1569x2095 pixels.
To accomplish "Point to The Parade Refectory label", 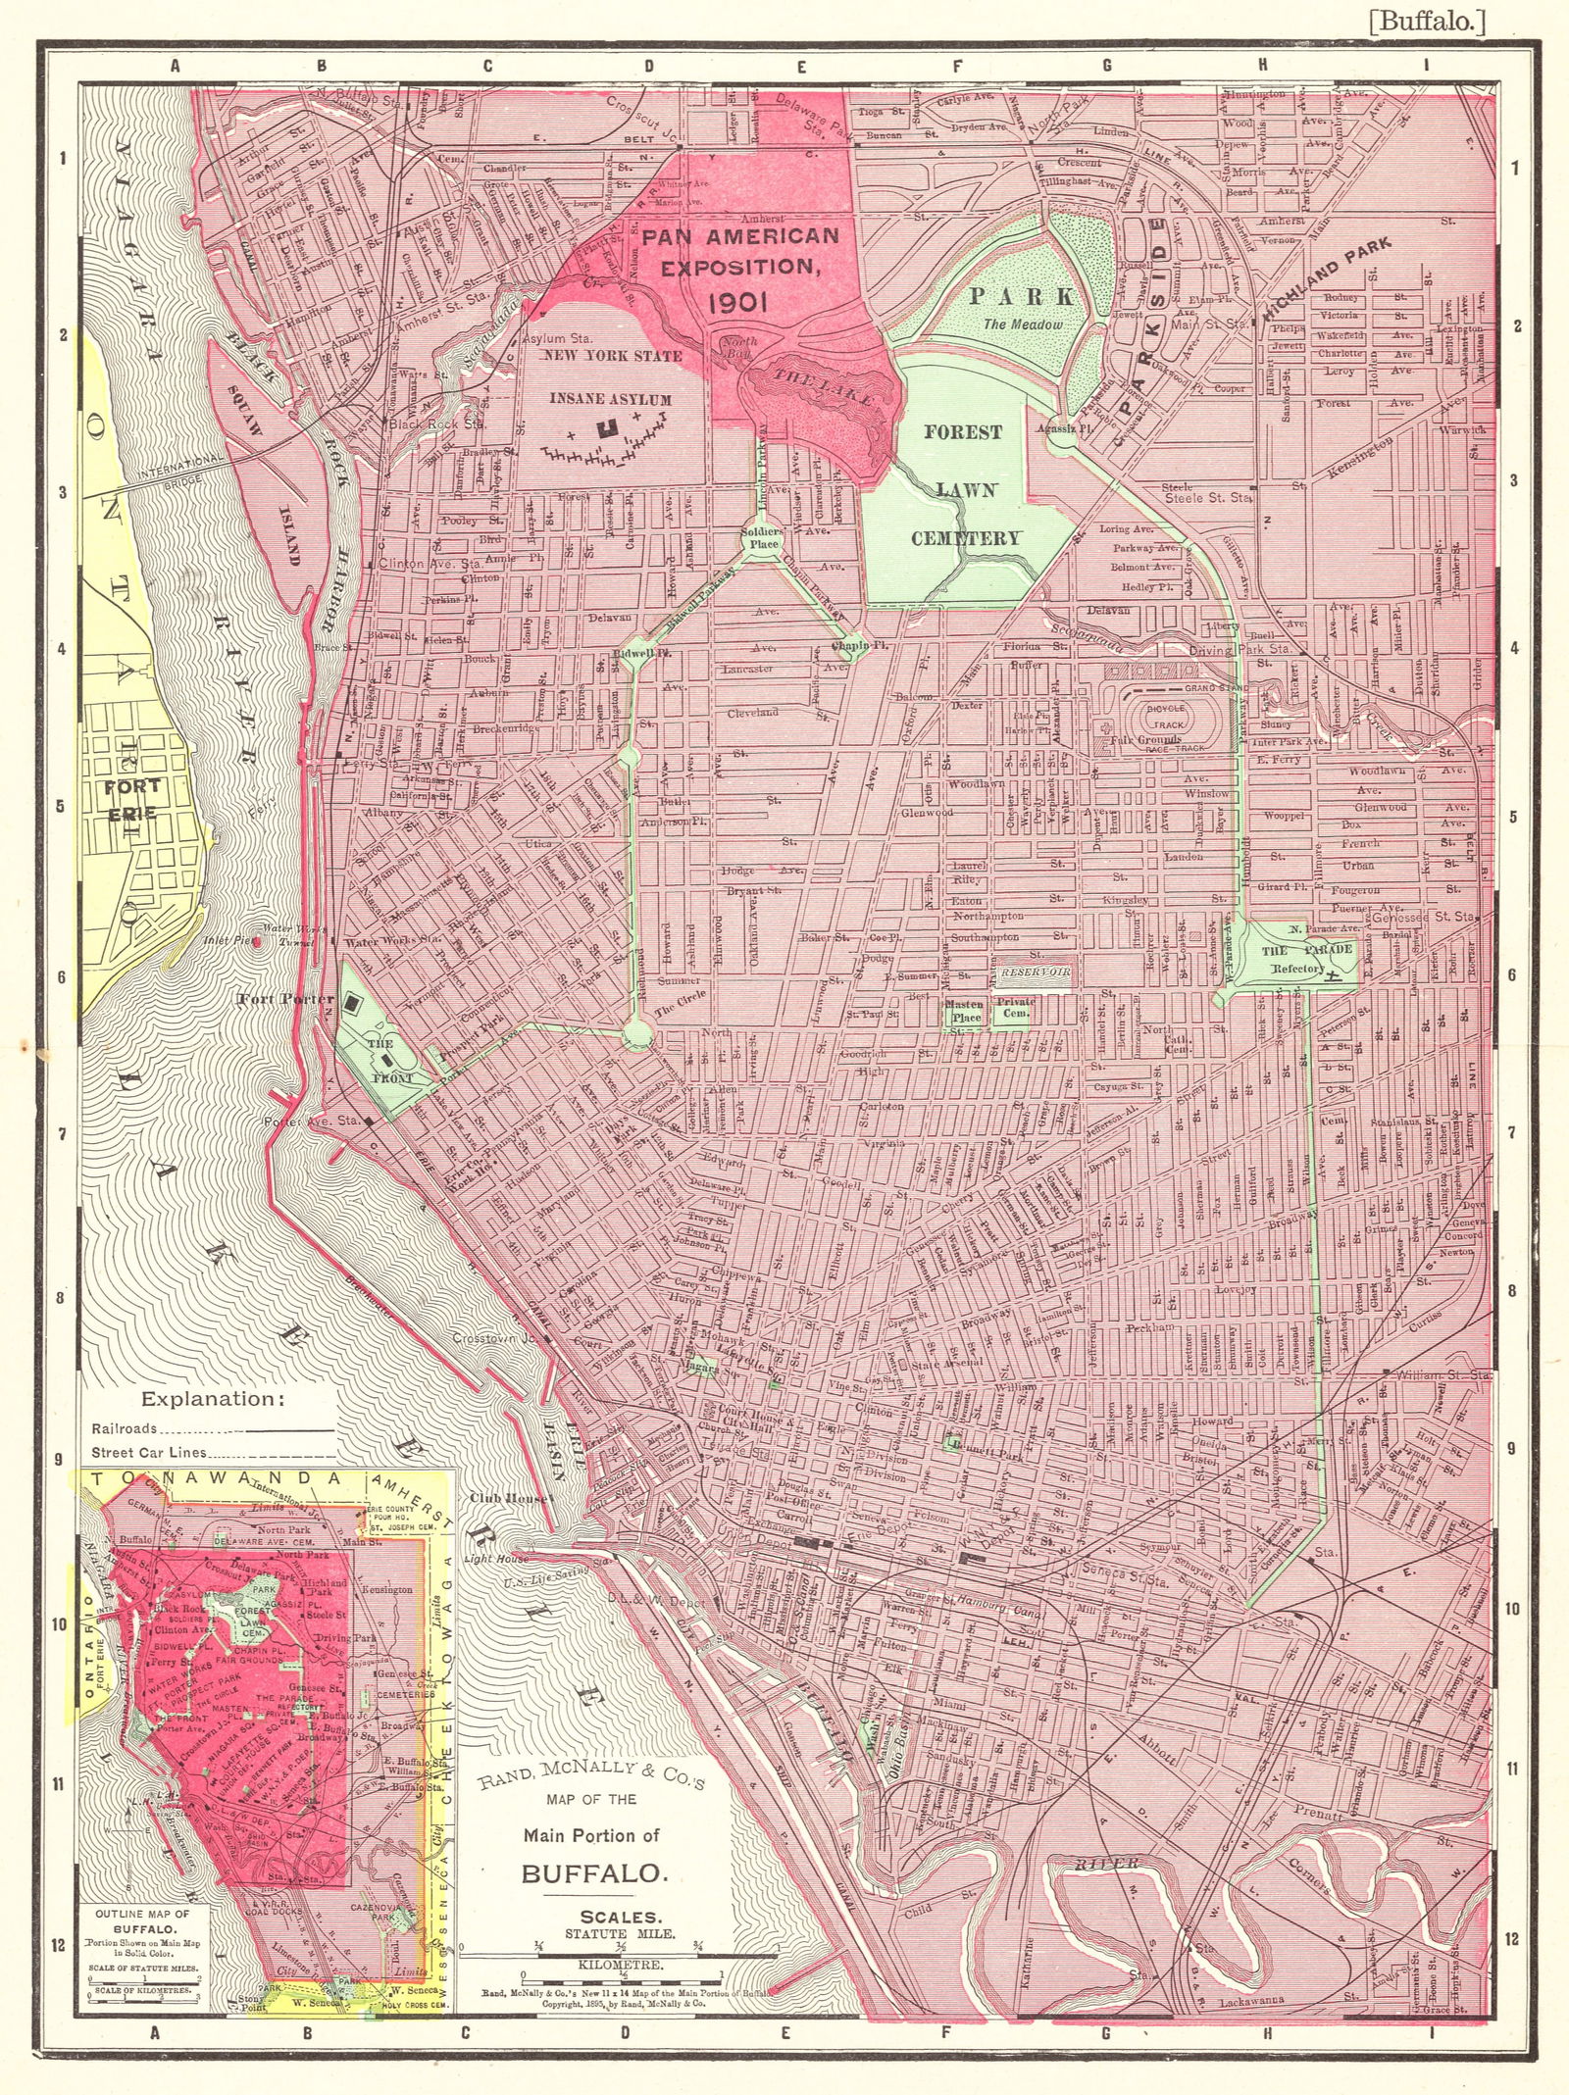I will [1292, 959].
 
